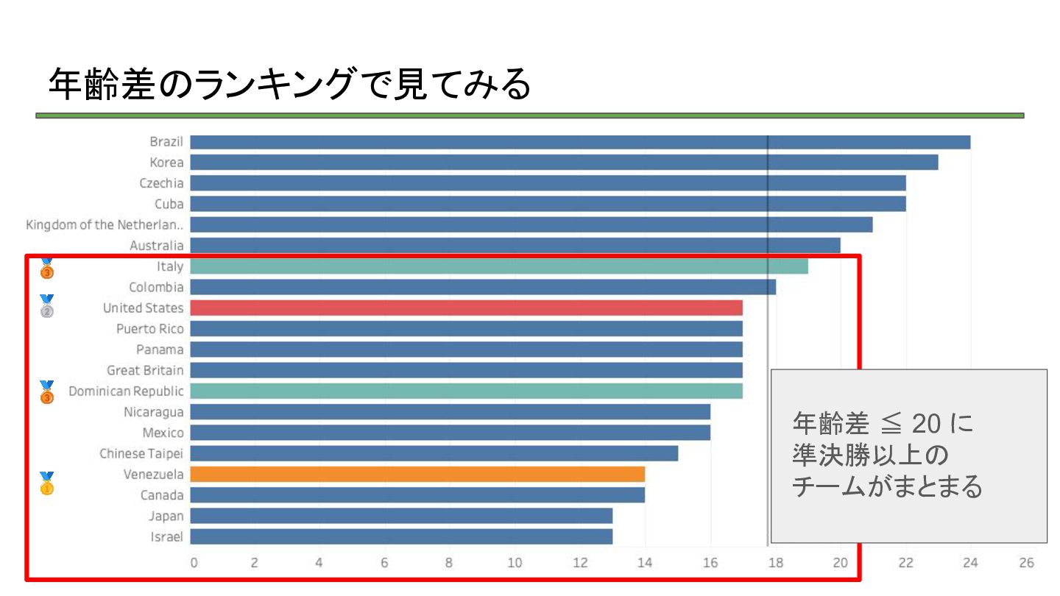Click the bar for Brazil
(580, 142)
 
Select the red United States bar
(466, 308)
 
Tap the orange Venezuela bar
(417, 474)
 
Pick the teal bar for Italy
(499, 266)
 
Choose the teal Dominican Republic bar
(466, 391)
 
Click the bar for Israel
(401, 536)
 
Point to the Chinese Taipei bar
(434, 453)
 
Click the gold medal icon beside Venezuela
(46, 483)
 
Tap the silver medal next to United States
(46, 306)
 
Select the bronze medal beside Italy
(47, 269)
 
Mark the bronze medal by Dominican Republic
(47, 392)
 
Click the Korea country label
(166, 163)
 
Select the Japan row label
(166, 516)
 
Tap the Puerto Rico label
(150, 328)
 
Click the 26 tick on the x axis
(1027, 563)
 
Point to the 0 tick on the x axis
(194, 563)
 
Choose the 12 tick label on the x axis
(580, 563)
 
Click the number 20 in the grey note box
(927, 425)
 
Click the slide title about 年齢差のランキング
(289, 85)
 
